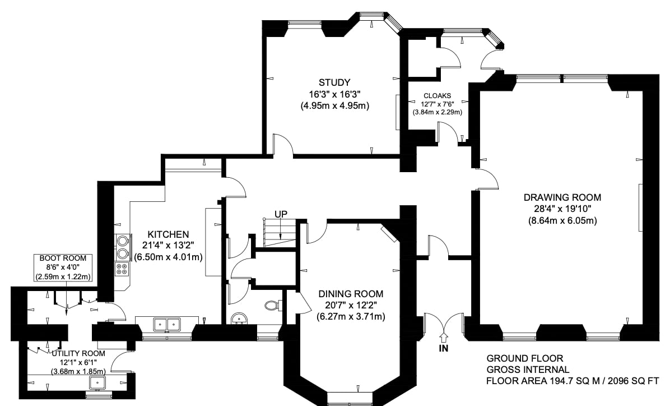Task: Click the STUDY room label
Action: tap(334, 82)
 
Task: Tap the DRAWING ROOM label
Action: tap(562, 197)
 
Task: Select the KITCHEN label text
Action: tap(168, 234)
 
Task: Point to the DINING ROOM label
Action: tap(351, 294)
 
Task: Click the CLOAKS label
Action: tap(437, 96)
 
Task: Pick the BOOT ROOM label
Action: tap(63, 259)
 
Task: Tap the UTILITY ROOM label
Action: tap(78, 353)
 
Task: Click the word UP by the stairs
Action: tap(281, 214)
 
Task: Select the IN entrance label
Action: tap(444, 348)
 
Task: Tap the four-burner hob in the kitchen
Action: tap(122, 269)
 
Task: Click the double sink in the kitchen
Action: tap(167, 325)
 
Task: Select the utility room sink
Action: tap(97, 382)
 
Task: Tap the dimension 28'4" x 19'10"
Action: tap(562, 209)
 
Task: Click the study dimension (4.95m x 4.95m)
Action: tap(334, 105)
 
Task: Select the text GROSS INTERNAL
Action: tap(528, 370)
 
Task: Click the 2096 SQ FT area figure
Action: tap(633, 381)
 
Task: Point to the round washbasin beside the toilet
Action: tap(239, 319)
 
